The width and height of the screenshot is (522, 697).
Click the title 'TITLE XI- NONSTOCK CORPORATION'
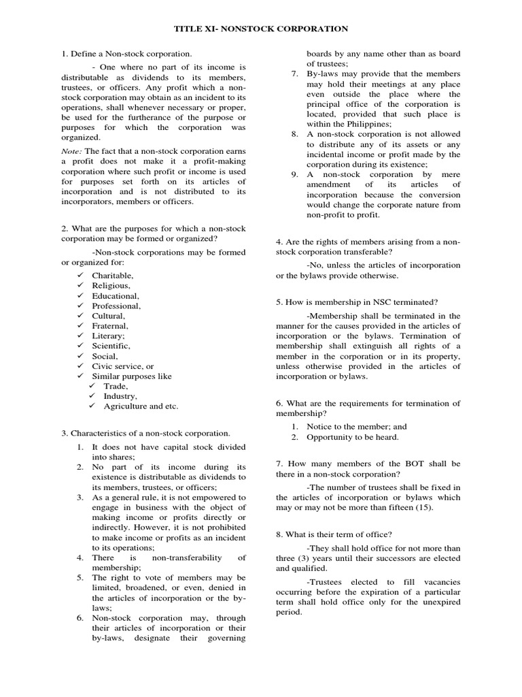coord(261,29)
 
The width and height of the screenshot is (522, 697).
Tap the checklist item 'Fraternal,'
coord(110,326)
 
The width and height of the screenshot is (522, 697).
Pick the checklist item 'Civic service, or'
coord(123,366)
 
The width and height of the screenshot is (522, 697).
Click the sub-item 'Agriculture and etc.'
coord(141,406)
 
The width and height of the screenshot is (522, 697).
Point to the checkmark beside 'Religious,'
coord(80,286)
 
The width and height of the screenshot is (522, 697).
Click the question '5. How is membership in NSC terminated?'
coord(357,302)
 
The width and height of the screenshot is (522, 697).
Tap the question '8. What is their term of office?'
coord(338,534)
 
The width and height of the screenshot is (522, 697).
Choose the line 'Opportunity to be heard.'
coord(352,437)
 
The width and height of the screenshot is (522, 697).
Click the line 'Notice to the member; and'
coord(357,427)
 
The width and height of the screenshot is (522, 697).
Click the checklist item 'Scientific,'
coord(111,346)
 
